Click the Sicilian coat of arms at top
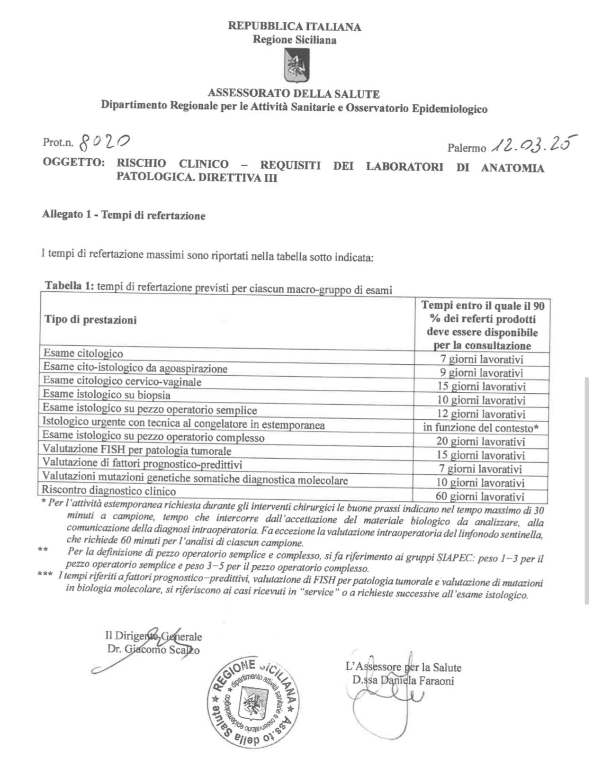click(294, 67)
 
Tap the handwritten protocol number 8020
click(105, 141)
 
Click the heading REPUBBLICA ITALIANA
click(294, 27)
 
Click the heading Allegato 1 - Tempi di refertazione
click(124, 216)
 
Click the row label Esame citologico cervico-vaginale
click(122, 381)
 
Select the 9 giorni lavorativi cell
click(481, 373)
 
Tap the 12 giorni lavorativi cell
click(481, 414)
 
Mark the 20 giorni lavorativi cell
click(481, 442)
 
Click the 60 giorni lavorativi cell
click(480, 496)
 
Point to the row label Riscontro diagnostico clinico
click(109, 490)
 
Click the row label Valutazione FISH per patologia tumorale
click(137, 450)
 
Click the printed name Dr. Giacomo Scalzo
click(153, 650)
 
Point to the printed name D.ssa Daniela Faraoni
click(403, 681)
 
